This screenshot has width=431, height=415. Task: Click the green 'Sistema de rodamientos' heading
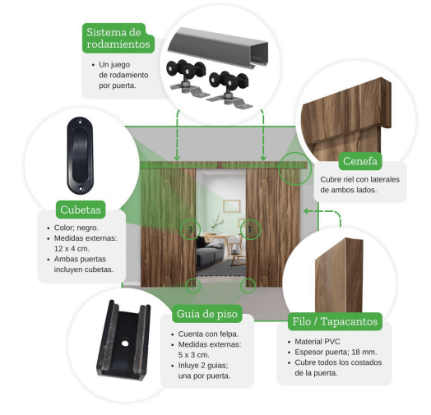click(x=118, y=38)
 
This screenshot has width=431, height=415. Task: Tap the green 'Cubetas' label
click(x=81, y=210)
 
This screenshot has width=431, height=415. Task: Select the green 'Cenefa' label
click(x=360, y=161)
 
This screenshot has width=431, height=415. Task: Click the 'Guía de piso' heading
click(x=207, y=314)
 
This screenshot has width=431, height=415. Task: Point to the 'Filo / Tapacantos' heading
click(x=335, y=321)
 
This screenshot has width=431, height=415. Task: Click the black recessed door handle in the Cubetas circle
click(x=81, y=155)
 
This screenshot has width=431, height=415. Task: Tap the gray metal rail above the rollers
click(x=218, y=46)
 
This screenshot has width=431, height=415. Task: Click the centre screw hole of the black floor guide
click(x=125, y=344)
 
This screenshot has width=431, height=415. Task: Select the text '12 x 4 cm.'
click(x=72, y=248)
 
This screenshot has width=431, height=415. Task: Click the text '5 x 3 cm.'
click(x=194, y=354)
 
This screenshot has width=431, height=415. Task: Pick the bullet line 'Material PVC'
click(x=317, y=341)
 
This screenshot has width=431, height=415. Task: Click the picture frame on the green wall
click(x=232, y=206)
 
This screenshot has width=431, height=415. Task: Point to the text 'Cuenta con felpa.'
click(x=208, y=334)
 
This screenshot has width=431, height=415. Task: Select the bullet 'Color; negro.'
click(x=76, y=228)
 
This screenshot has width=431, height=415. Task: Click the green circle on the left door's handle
click(x=190, y=229)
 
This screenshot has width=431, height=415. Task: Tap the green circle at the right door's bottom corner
click(x=248, y=286)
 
